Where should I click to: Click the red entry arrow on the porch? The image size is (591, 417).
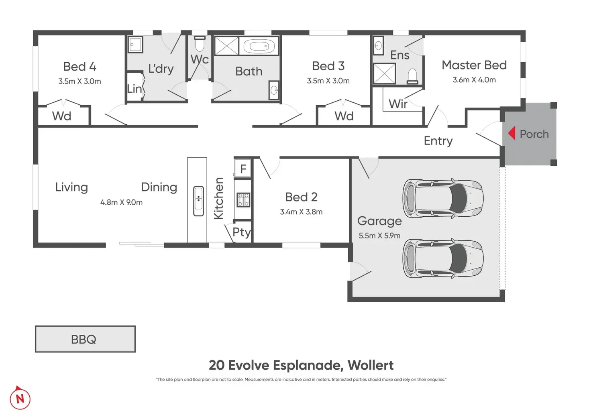512,133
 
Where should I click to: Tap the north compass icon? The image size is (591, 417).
20,398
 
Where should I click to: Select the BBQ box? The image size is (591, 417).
85,339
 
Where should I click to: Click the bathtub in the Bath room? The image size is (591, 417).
259,46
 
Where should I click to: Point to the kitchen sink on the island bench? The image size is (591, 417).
198,201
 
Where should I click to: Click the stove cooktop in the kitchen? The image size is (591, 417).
243,199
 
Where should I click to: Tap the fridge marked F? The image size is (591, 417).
243,168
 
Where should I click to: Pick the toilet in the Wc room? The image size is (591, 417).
200,44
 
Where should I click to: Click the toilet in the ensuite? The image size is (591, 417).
412,76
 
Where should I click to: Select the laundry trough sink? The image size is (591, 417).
136,45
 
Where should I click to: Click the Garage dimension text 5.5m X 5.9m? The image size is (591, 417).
379,236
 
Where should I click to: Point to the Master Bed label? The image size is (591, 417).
474,65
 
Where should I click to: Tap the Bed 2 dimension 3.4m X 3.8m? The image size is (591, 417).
301,212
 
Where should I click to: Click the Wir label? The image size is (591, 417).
398,104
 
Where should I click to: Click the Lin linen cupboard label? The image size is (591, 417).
135,89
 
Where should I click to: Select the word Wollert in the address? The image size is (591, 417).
371,365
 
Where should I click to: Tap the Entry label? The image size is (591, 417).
438,141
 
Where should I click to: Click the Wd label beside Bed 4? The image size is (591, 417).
61,116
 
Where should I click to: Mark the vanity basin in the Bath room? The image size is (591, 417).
274,90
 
